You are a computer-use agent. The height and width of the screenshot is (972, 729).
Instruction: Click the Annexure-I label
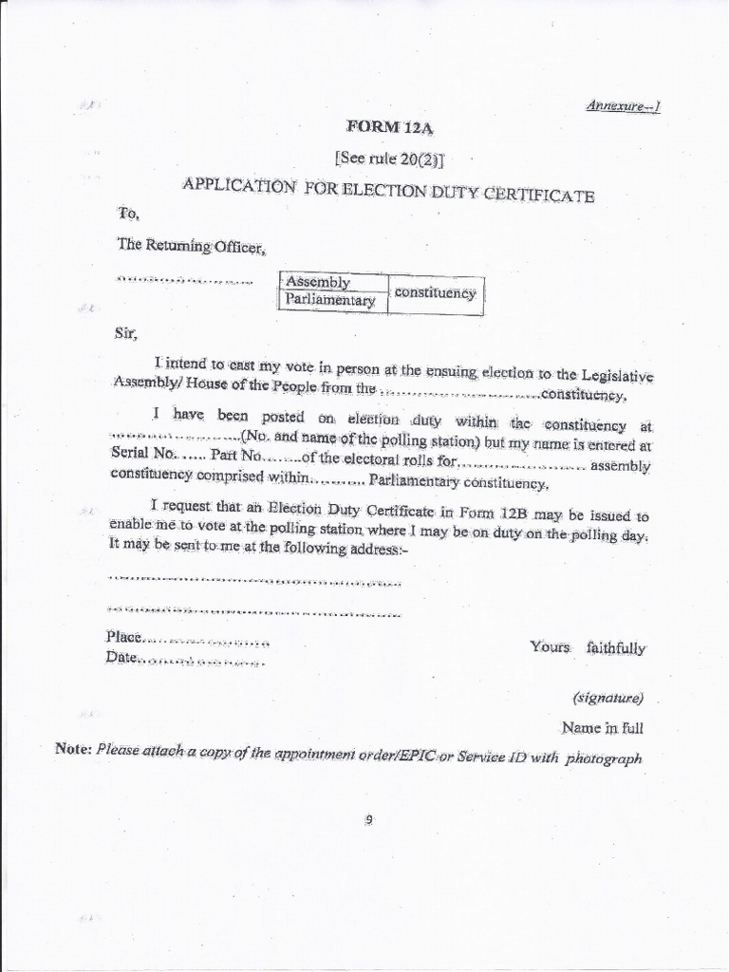[623, 105]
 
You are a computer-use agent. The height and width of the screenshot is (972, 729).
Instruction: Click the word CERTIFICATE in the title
[541, 196]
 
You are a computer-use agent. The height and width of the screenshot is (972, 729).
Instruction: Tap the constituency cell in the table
[435, 292]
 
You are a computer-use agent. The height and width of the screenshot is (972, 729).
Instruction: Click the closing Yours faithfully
[588, 647]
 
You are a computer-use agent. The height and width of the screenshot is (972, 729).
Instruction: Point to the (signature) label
[608, 698]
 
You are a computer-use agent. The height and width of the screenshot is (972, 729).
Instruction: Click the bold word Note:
[73, 749]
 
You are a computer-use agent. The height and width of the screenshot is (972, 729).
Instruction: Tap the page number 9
[371, 821]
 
